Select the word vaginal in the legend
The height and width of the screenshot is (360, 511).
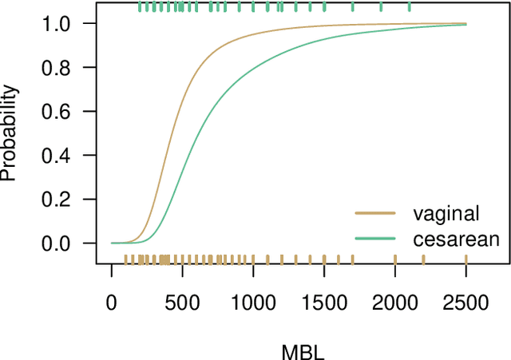pyautogui.click(x=446, y=213)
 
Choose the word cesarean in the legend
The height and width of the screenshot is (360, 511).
pyautogui.click(x=456, y=238)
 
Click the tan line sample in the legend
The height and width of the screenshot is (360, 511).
pyautogui.click(x=375, y=213)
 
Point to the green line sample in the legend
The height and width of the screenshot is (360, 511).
pyautogui.click(x=375, y=238)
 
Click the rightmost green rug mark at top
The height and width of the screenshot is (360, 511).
pyautogui.click(x=410, y=7)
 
